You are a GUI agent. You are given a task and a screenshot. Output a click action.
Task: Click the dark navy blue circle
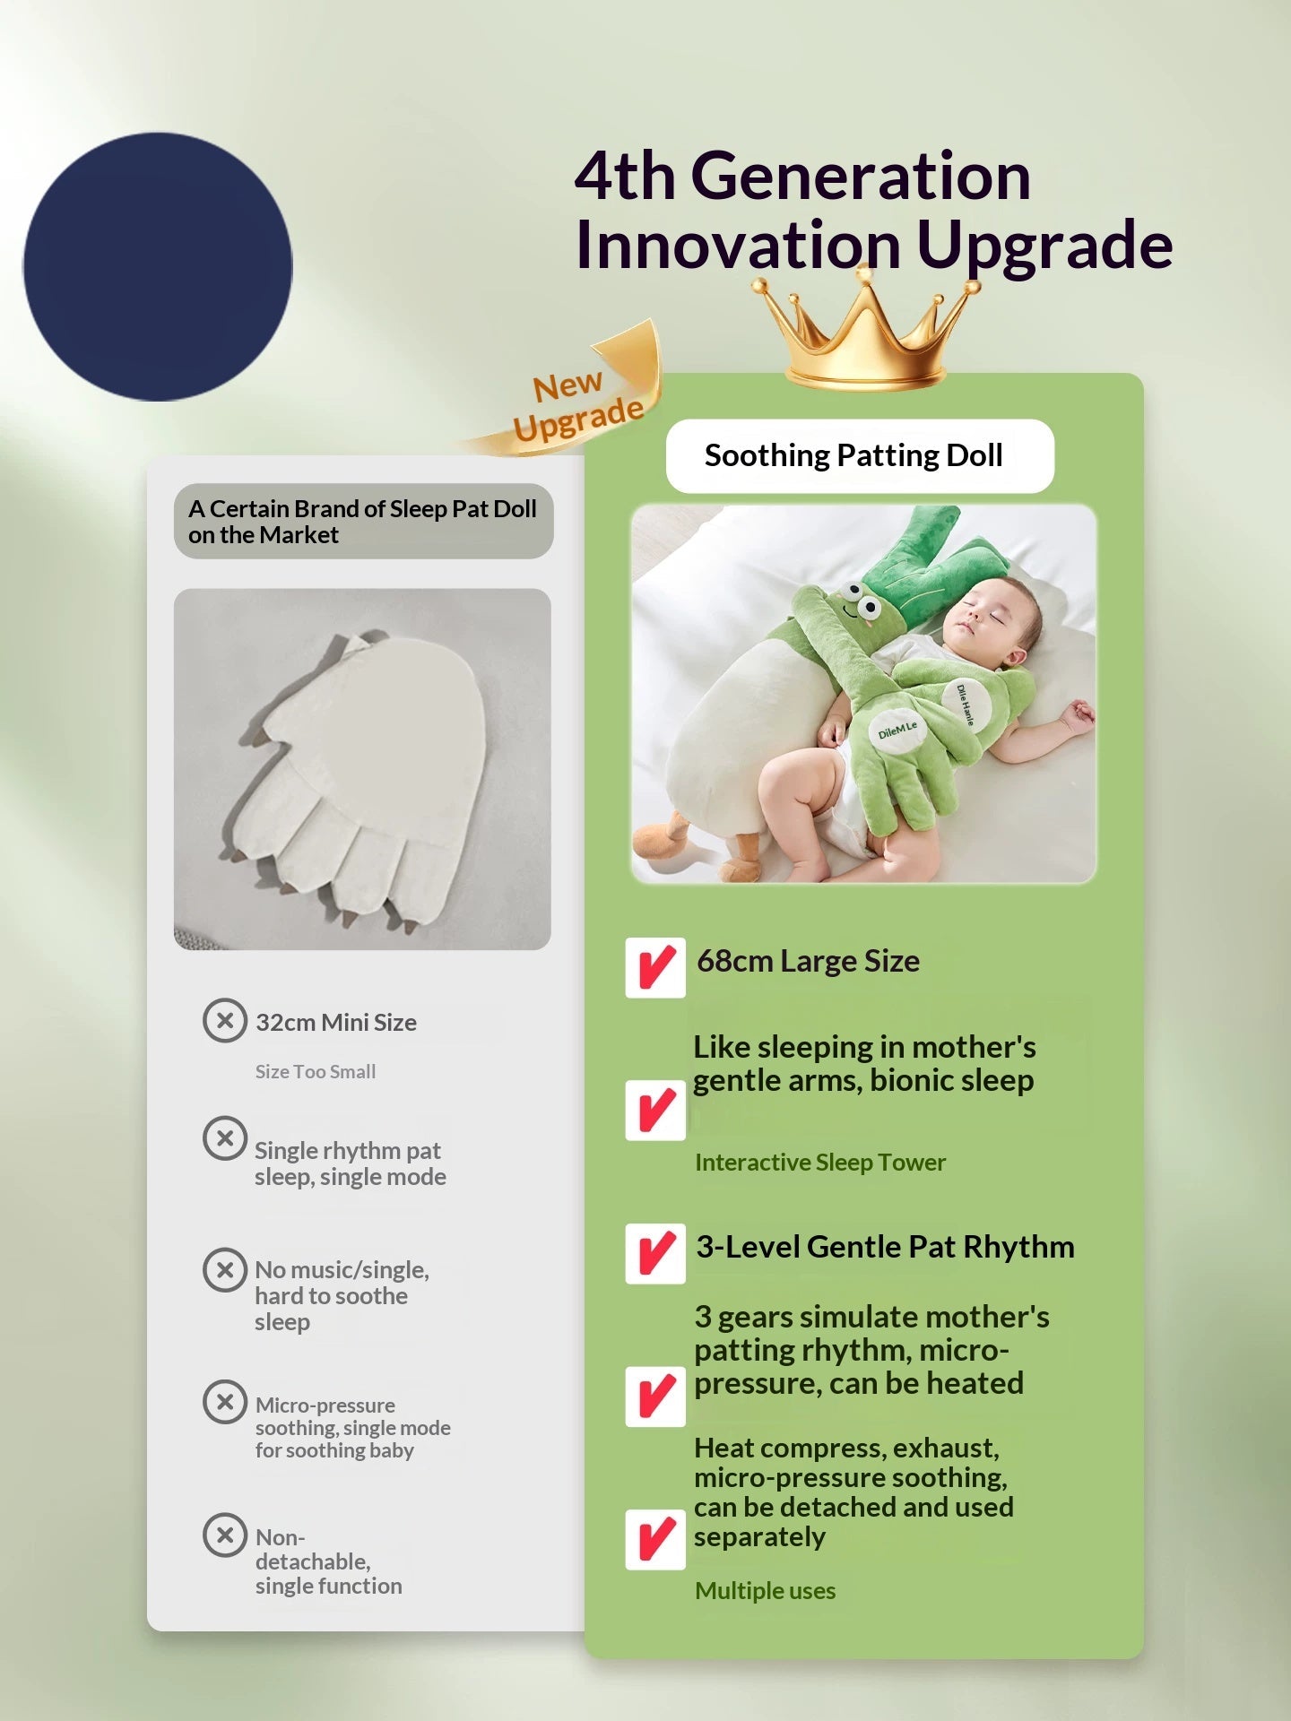(x=158, y=266)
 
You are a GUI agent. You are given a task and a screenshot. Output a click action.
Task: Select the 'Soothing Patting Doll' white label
(x=859, y=455)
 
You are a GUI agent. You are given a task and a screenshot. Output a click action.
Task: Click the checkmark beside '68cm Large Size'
(x=655, y=967)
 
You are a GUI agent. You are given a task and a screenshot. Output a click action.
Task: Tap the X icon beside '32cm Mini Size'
(x=225, y=1020)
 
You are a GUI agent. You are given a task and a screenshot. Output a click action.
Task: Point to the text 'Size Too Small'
(x=316, y=1071)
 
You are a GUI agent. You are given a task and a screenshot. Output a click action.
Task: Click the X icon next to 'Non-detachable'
(x=225, y=1535)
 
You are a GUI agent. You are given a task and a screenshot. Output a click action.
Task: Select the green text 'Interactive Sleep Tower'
(x=820, y=1162)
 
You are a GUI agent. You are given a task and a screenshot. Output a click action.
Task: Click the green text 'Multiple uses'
(x=765, y=1590)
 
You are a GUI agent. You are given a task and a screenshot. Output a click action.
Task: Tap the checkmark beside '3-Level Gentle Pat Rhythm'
(x=655, y=1253)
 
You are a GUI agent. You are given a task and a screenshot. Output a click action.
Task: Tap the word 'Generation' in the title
(x=860, y=176)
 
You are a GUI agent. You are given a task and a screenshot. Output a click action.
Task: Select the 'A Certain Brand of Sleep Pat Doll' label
(x=363, y=521)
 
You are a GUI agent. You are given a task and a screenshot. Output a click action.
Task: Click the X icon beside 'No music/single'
(x=225, y=1269)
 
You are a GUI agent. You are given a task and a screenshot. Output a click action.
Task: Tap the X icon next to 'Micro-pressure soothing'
(x=225, y=1401)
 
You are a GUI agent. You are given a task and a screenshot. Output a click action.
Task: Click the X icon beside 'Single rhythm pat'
(x=225, y=1137)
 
